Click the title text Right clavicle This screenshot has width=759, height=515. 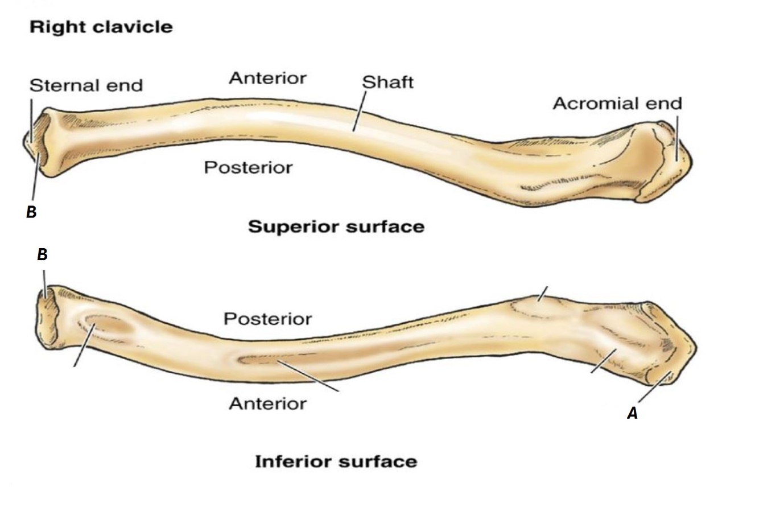pyautogui.click(x=101, y=27)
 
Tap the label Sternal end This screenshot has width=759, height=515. pyautogui.click(x=86, y=85)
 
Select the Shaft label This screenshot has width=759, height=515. pyautogui.click(x=387, y=83)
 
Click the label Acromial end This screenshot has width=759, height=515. pyautogui.click(x=617, y=104)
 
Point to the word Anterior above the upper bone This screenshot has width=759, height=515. pyautogui.click(x=267, y=78)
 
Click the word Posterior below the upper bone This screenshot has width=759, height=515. pyautogui.click(x=248, y=167)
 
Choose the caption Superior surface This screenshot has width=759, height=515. pyautogui.click(x=336, y=226)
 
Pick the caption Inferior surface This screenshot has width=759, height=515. pyautogui.click(x=336, y=461)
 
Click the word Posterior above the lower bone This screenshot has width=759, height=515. pyautogui.click(x=267, y=319)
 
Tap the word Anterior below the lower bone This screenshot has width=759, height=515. pyautogui.click(x=267, y=403)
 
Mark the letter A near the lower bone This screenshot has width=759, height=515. pyautogui.click(x=632, y=414)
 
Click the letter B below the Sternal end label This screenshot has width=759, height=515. pyautogui.click(x=31, y=212)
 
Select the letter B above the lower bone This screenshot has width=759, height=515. pyautogui.click(x=42, y=254)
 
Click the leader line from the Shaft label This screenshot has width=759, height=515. pyautogui.click(x=358, y=112)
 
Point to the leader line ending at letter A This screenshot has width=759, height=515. pyautogui.click(x=654, y=388)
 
